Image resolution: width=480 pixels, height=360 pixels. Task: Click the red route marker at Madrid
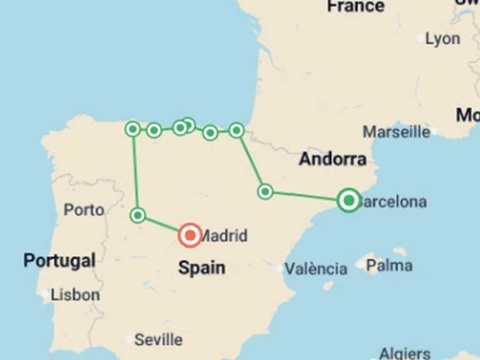189,235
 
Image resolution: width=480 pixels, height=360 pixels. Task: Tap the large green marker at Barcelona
349,200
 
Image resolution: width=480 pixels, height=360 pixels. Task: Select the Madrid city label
224,236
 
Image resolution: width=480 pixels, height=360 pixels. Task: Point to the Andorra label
332,159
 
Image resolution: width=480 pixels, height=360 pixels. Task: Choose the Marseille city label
396,132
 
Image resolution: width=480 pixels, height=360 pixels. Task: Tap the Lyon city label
442,39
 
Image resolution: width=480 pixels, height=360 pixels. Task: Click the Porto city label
84,210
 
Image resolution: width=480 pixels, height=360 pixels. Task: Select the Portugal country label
59,260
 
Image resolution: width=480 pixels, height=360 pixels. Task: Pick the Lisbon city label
75,294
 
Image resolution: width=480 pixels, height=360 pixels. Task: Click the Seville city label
158,340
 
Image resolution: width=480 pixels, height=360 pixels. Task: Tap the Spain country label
201,268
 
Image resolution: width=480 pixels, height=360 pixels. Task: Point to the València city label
316,269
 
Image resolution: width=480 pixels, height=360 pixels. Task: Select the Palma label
389,266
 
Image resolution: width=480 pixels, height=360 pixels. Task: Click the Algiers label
404,354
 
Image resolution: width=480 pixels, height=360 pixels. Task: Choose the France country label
355,7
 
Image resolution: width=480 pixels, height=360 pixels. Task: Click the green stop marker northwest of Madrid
138,216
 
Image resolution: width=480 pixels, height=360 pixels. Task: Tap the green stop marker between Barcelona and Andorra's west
265,191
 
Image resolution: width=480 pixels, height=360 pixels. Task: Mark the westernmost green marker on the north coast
132,129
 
